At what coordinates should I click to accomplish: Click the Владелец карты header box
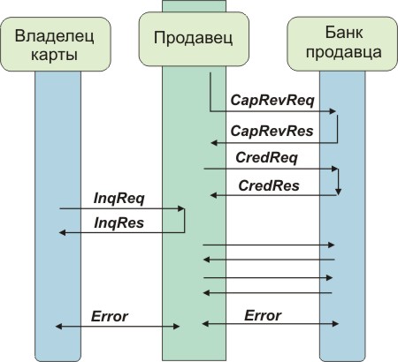coord(56,44)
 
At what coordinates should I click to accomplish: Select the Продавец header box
coord(194,39)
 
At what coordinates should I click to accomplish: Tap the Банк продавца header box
coord(342,44)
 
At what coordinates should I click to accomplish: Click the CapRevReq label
coord(272,100)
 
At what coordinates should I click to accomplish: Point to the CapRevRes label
coord(272,131)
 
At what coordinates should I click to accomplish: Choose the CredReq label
coord(266,157)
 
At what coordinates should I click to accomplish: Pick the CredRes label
coord(269,185)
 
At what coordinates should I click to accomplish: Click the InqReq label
coord(119,199)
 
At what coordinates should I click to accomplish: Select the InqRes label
coord(119,222)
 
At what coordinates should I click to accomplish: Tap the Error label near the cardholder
coord(110,316)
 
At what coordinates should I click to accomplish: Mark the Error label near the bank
coord(263,315)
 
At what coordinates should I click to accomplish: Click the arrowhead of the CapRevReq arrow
coord(333,111)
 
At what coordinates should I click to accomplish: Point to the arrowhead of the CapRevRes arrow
coord(214,143)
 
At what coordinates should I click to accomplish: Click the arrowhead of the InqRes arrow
coord(63,232)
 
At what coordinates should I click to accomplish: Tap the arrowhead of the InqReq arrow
coord(181,208)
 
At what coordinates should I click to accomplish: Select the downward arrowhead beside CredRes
coord(339,192)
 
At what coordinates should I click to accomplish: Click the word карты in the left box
coord(54,55)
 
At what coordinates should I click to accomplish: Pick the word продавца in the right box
coord(344,53)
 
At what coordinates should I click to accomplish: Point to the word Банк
coord(344,32)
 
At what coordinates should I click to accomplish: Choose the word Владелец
coord(55,36)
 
